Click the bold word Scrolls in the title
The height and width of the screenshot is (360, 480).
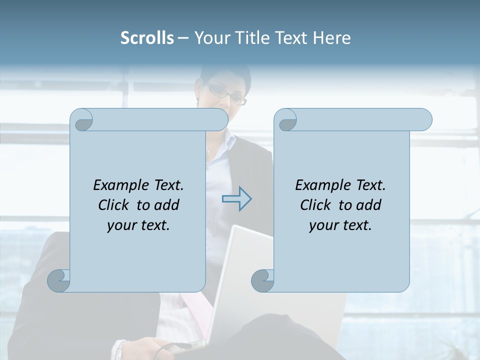click(x=147, y=38)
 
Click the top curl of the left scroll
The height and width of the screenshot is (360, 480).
click(x=82, y=120)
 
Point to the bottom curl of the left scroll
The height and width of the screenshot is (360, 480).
click(x=58, y=280)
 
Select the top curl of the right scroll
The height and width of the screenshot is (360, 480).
click(x=287, y=120)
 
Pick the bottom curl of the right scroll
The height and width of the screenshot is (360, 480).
click(x=262, y=280)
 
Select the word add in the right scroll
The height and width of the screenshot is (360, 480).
click(x=369, y=205)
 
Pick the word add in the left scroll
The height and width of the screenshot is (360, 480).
click(x=167, y=205)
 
